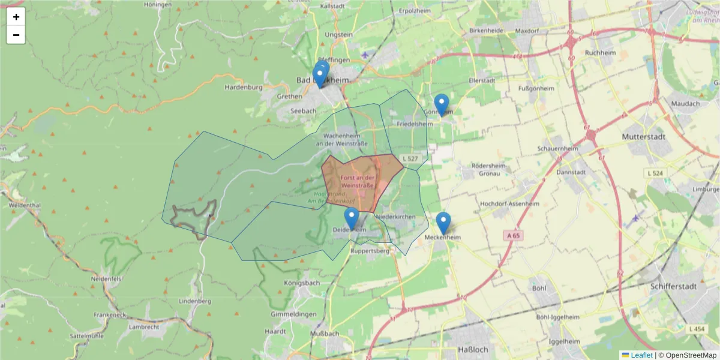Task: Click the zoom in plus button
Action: (x=16, y=17)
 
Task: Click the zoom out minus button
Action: (x=16, y=35)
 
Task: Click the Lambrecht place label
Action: (x=144, y=326)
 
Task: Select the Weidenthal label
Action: (x=25, y=205)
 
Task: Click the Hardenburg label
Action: (x=244, y=87)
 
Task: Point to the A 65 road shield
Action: (x=512, y=236)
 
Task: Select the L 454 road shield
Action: (x=697, y=329)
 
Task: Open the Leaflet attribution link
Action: (x=641, y=355)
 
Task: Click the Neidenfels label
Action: (x=106, y=279)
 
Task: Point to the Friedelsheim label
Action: (x=415, y=124)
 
